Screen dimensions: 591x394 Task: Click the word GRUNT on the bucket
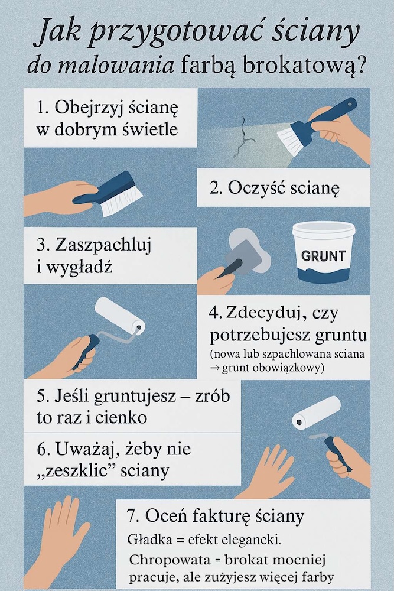323,256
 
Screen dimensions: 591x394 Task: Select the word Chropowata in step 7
162,560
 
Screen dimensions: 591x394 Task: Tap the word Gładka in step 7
146,540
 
